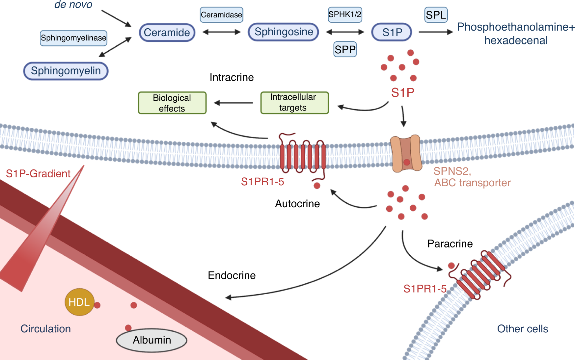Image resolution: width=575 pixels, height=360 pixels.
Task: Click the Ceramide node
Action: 167,33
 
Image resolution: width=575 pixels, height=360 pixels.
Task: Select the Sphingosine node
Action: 283,32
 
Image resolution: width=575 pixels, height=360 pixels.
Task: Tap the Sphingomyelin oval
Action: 66,71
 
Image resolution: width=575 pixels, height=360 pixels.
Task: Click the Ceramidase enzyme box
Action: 222,15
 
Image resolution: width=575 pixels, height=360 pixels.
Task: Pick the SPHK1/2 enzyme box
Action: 345,14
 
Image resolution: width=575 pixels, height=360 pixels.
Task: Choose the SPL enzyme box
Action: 436,15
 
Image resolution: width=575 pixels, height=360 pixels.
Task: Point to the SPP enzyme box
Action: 345,49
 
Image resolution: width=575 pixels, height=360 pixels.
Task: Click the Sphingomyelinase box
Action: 73,38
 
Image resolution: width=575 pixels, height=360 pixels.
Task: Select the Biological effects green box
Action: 172,103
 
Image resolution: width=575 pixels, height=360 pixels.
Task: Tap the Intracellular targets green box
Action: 294,103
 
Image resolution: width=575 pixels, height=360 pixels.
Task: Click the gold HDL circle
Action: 79,302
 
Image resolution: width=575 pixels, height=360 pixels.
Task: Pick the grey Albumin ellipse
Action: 151,340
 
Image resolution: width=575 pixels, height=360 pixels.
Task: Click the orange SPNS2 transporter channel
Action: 406,153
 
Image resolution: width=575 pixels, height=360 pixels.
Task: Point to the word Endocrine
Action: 232,275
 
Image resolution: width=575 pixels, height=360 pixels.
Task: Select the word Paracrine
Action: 450,244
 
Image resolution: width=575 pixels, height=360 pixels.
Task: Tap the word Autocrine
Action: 297,204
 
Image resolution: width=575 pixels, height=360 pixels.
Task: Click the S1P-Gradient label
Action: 38,173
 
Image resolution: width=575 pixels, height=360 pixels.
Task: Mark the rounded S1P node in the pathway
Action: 392,32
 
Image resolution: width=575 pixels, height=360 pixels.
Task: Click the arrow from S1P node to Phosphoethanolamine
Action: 436,32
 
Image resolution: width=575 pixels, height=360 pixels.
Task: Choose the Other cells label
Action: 523,329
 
